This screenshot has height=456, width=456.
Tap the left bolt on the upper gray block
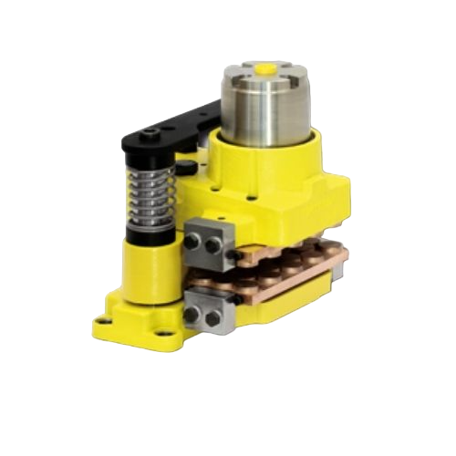[195, 243]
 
